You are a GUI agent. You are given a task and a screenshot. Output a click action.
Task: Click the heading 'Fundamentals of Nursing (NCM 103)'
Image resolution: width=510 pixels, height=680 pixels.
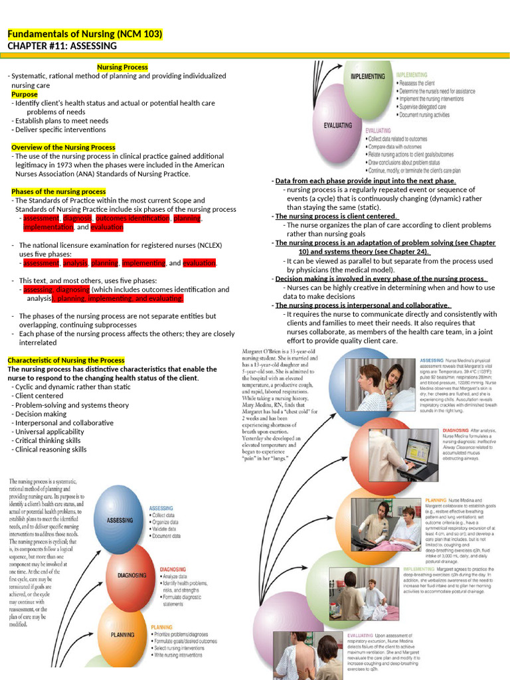pyautogui.click(x=84, y=34)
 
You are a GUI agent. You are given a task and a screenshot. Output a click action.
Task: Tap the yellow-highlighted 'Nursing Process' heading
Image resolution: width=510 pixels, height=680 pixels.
pyautogui.click(x=122, y=67)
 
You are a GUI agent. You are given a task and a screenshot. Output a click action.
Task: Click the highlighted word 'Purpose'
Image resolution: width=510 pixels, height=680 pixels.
pyautogui.click(x=25, y=94)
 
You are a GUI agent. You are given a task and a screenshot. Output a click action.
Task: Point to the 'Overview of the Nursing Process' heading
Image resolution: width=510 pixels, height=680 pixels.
pyautogui.click(x=63, y=147)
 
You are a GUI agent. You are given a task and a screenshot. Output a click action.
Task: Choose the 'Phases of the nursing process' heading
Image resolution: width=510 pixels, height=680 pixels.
pyautogui.click(x=58, y=192)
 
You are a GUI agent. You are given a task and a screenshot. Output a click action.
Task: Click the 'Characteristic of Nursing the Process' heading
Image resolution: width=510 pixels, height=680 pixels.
pyautogui.click(x=66, y=360)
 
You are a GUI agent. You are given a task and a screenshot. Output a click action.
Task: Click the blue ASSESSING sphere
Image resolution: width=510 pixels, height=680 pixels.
pyautogui.click(x=120, y=520)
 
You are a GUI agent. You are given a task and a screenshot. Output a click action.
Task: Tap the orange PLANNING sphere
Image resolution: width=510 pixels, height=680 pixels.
pyautogui.click(x=122, y=634)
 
